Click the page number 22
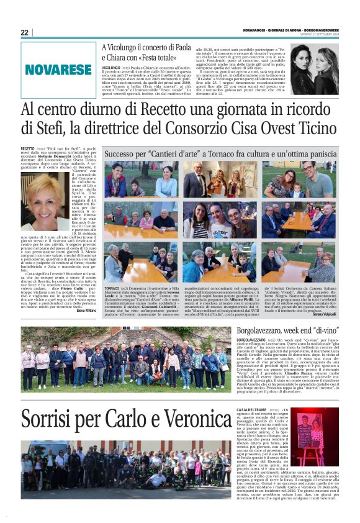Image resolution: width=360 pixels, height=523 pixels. pyautogui.click(x=24, y=33)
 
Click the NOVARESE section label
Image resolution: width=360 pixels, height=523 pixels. pyautogui.click(x=58, y=70)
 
